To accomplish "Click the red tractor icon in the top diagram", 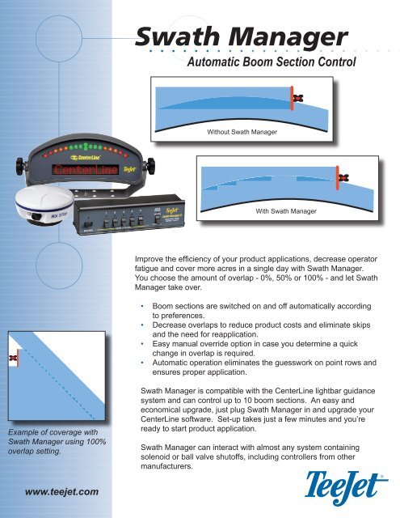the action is (297, 97).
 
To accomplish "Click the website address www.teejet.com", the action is (57, 490).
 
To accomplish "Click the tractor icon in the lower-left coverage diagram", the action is (13, 358).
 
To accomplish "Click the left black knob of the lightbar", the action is (12, 172).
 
